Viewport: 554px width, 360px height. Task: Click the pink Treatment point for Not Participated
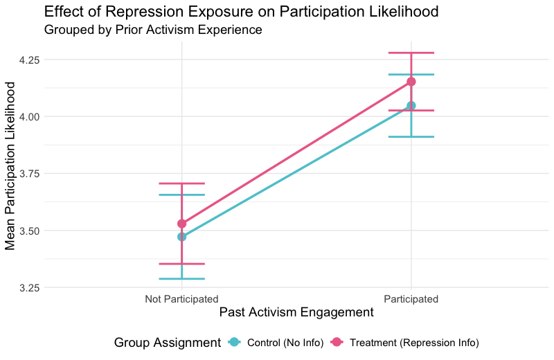click(181, 224)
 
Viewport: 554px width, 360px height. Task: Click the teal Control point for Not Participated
click(181, 237)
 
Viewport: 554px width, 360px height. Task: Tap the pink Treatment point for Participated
click(411, 82)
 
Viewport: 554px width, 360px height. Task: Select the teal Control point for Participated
click(411, 105)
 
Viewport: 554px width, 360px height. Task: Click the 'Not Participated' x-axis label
click(181, 299)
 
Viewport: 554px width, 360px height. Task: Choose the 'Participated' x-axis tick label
click(411, 299)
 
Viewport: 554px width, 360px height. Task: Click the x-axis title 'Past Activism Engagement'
click(296, 313)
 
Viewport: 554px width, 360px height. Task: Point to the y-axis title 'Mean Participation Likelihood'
click(11, 165)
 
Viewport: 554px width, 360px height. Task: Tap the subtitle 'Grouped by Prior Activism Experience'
click(153, 30)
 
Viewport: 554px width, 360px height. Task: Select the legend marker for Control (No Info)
click(234, 343)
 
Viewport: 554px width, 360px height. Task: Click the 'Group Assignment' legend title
click(167, 343)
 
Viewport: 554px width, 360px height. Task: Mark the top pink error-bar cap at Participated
click(411, 53)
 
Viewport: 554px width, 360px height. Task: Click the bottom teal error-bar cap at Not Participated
click(181, 278)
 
